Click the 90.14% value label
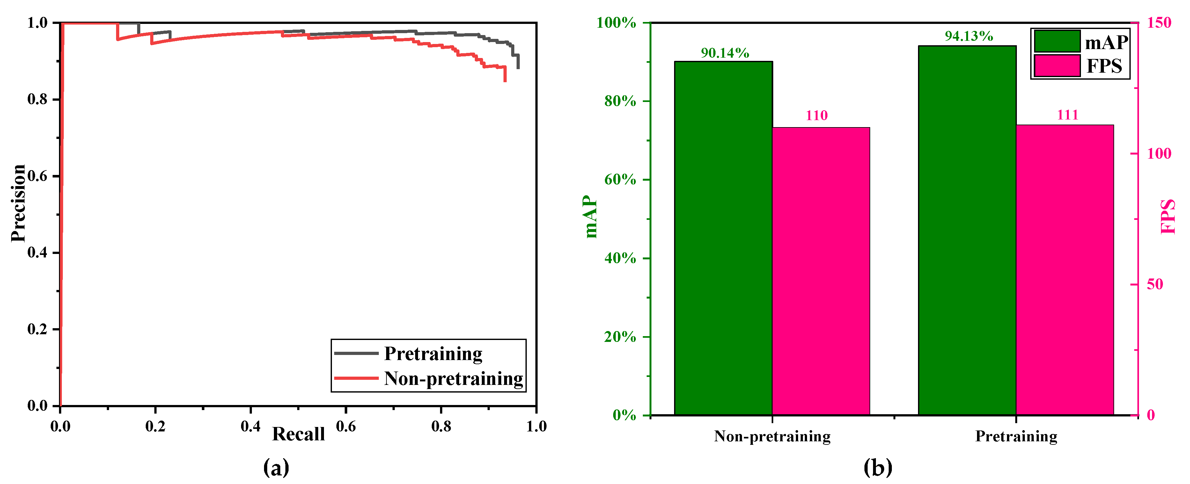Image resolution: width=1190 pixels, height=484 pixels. tap(724, 53)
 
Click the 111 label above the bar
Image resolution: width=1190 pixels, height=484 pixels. tap(1067, 115)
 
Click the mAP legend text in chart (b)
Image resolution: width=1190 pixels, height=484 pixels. tap(1106, 42)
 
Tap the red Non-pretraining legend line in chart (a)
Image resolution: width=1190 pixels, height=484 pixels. tap(356, 378)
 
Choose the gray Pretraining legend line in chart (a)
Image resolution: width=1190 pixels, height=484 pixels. tap(356, 353)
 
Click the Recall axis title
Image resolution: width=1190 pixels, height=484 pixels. tap(298, 434)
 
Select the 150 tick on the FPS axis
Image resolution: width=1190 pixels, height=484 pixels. tap(1158, 23)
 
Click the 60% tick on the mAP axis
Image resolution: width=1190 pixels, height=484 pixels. tap(620, 180)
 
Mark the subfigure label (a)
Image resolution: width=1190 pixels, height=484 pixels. tap(276, 468)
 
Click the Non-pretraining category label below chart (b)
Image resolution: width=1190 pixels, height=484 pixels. tap(772, 436)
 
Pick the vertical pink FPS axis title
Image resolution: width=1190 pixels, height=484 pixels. tap(1167, 216)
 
